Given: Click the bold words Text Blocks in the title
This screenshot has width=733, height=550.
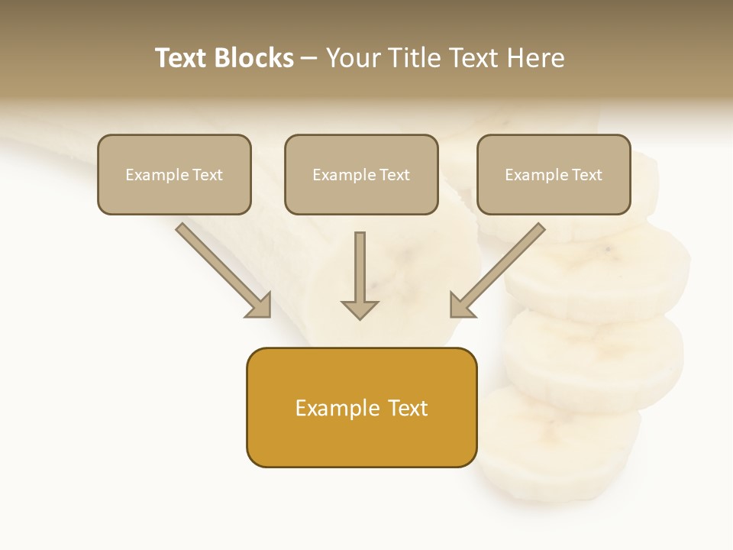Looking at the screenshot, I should (x=224, y=58).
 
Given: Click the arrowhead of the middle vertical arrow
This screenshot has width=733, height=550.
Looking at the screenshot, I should (x=360, y=309).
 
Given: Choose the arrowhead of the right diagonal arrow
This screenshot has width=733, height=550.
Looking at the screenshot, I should (x=460, y=306).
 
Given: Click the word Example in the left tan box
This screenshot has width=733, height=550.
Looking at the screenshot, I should (x=157, y=174).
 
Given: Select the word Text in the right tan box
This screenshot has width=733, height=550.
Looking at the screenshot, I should (x=586, y=174).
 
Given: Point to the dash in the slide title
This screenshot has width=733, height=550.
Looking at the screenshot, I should (x=309, y=58).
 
